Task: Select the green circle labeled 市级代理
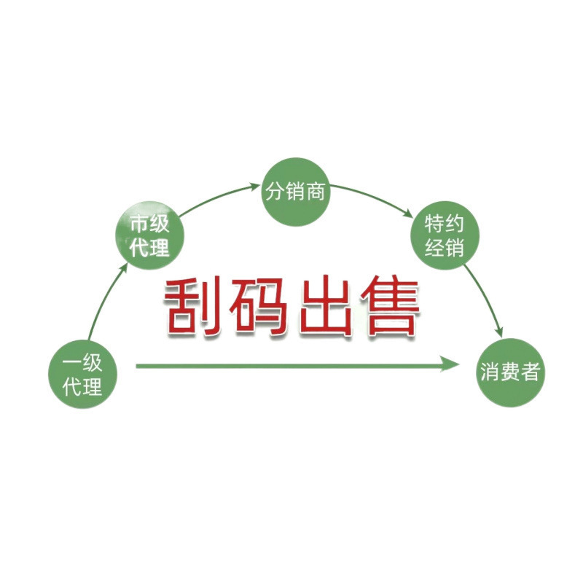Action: (149, 235)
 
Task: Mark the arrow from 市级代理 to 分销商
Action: (215, 200)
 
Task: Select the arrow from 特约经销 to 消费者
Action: (487, 295)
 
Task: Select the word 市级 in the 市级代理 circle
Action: (149, 223)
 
